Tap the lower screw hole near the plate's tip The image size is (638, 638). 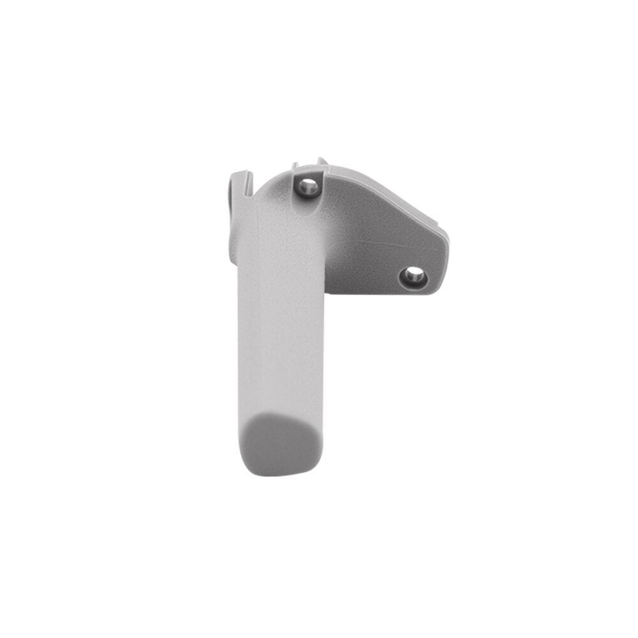point(412,276)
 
